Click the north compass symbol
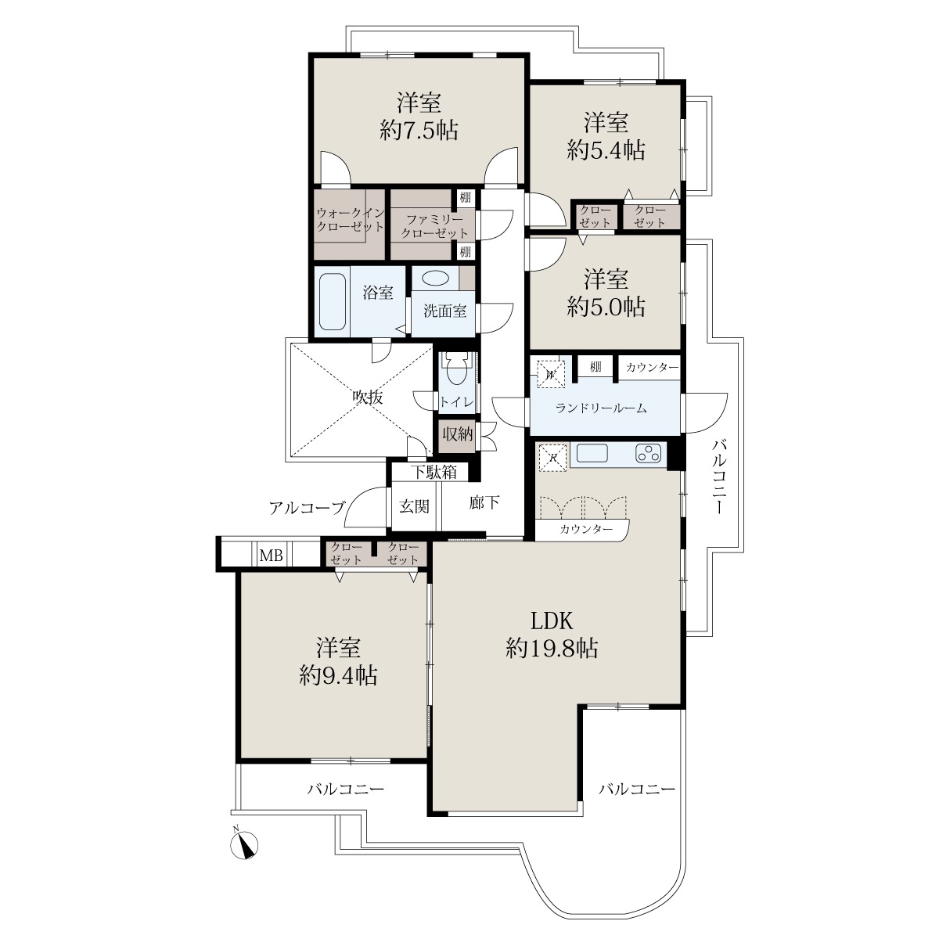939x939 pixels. [244, 844]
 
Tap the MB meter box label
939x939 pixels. [272, 555]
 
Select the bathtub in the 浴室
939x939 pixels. [333, 301]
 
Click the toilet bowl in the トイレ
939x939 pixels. [456, 373]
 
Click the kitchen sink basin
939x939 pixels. [592, 454]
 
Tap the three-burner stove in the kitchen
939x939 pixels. [648, 453]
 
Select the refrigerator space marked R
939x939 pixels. [552, 458]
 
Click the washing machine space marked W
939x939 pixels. [551, 374]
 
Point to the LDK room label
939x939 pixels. [552, 621]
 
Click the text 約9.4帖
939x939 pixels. [338, 676]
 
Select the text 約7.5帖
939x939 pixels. [419, 131]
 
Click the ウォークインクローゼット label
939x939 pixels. [351, 219]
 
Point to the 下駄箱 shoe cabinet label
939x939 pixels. [434, 472]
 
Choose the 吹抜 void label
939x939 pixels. [368, 398]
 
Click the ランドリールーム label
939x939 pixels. [601, 408]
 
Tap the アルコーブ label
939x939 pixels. [307, 509]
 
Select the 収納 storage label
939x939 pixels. [458, 434]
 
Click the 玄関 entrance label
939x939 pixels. [414, 507]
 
